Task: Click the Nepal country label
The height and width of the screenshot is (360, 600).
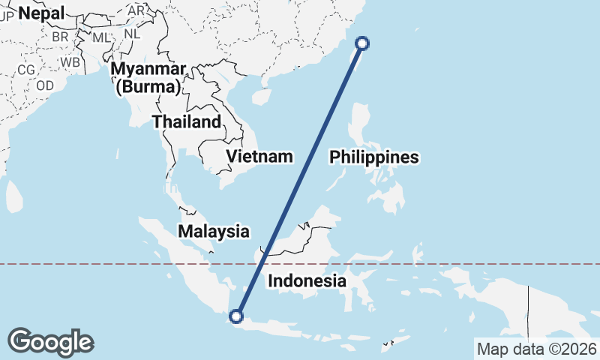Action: pos(42,12)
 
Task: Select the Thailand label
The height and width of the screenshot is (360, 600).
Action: pos(187,121)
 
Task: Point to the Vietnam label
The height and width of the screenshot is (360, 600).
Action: pos(259,157)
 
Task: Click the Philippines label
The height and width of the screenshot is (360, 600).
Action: pos(373,157)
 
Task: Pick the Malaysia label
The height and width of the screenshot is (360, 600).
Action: pos(214,231)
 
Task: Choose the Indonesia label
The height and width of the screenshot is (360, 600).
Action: pos(307,281)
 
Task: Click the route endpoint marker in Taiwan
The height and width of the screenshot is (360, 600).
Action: pos(362,43)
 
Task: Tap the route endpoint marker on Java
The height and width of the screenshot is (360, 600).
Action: pos(238,316)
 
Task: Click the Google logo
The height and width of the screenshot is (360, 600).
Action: pos(50,341)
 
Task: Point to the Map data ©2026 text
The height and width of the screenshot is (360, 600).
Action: pos(537,349)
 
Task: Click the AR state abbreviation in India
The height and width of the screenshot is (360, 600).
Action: pos(136,11)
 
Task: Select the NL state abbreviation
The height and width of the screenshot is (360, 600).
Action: pos(132,34)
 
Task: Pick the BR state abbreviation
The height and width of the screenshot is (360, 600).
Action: pos(60,37)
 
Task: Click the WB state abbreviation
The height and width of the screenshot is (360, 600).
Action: pos(70,61)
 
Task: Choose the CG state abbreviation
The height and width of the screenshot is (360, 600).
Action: pos(26,70)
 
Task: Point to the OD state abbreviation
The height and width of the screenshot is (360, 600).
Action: pos(45,85)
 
